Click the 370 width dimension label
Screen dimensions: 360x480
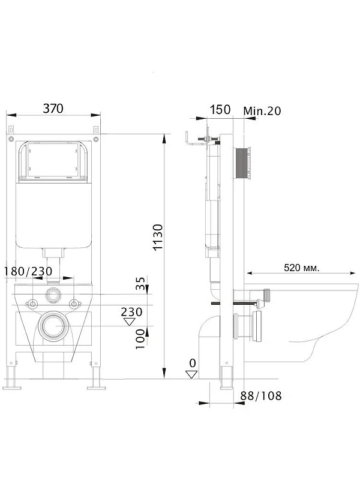click(x=53, y=109)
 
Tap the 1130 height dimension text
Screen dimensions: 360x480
click(x=158, y=238)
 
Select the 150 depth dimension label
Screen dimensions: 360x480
click(x=220, y=110)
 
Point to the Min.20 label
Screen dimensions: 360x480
click(x=262, y=111)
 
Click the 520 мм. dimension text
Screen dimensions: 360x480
click(x=302, y=268)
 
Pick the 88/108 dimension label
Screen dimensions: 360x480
click(x=261, y=395)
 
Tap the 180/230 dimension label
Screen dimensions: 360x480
click(x=28, y=271)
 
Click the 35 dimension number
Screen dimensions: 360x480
click(x=140, y=283)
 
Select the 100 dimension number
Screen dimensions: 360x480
click(x=140, y=339)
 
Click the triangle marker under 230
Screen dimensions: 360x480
click(x=130, y=322)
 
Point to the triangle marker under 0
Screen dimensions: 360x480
click(x=192, y=374)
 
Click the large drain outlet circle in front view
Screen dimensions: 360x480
click(x=53, y=326)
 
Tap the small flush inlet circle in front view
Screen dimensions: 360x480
click(x=53, y=295)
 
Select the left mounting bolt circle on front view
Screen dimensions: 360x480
click(x=32, y=304)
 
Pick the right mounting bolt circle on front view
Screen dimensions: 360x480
click(x=73, y=304)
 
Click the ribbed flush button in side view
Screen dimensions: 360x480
click(x=243, y=163)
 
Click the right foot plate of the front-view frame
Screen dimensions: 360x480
click(x=96, y=388)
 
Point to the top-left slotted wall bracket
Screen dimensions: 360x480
click(x=11, y=130)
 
